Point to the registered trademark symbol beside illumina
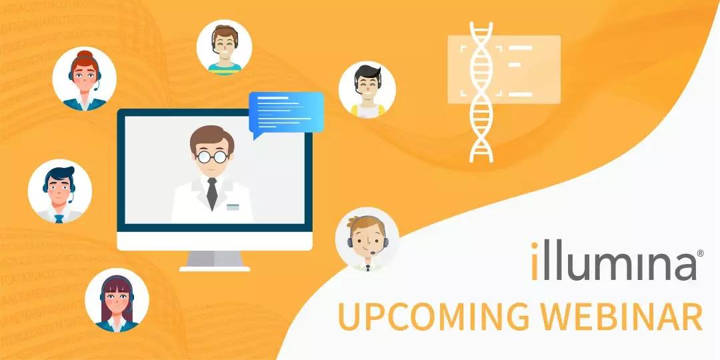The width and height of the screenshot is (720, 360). (x=700, y=253)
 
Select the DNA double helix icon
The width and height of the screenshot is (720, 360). (x=481, y=92)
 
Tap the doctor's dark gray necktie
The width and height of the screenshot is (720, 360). (x=212, y=193)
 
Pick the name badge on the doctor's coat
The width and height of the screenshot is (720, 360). (x=233, y=207)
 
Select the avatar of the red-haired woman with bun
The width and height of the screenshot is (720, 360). (x=85, y=79)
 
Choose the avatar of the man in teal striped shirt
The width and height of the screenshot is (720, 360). (x=225, y=47)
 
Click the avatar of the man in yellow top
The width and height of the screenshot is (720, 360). (x=367, y=90)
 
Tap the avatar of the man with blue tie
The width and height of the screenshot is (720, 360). (x=60, y=191)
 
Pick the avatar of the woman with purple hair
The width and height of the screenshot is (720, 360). (x=117, y=300)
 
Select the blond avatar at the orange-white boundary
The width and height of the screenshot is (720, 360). (x=367, y=239)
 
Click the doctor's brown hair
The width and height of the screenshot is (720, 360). (x=212, y=138)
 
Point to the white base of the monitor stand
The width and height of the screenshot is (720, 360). (x=215, y=269)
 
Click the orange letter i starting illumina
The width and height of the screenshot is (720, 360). (x=535, y=261)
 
